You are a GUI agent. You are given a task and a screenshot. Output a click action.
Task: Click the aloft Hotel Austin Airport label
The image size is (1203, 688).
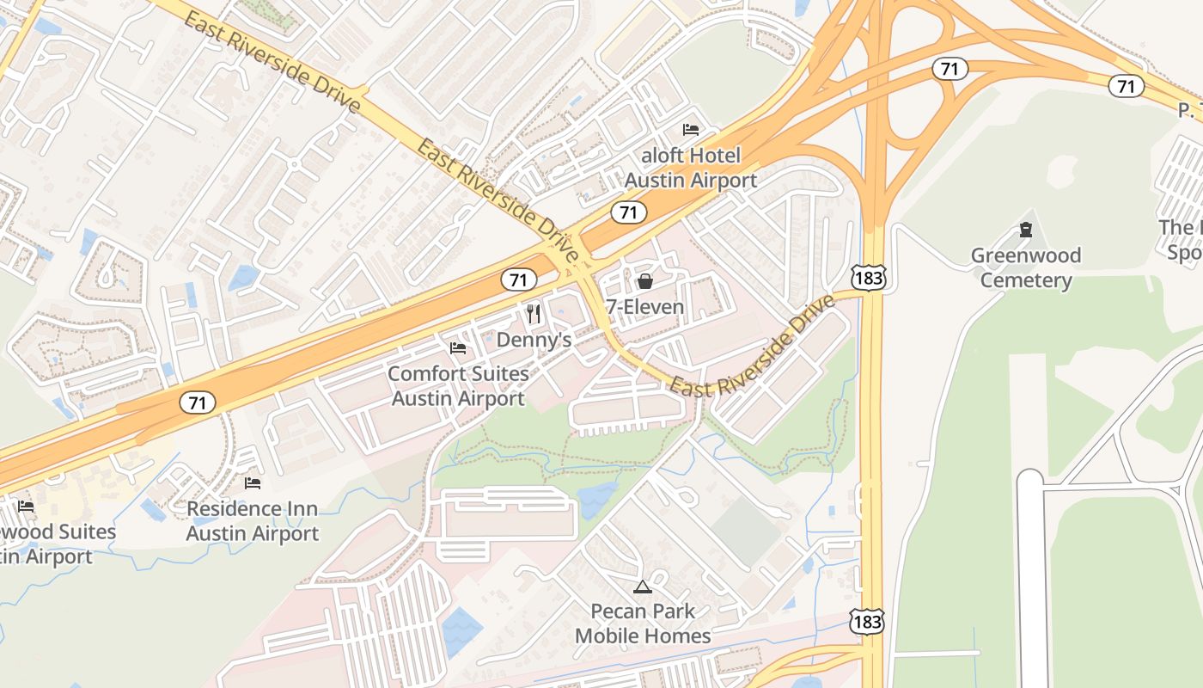(690, 168)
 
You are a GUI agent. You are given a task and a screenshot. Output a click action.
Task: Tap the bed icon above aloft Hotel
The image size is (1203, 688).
(691, 130)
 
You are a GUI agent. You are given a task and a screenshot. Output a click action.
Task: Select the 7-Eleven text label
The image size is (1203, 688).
(644, 307)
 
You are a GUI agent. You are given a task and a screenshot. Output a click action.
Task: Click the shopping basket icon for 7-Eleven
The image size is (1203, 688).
(644, 281)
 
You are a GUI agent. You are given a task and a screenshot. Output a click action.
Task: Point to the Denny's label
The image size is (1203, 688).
(534, 340)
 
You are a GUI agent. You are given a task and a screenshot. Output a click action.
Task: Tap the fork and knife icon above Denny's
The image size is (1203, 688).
(534, 314)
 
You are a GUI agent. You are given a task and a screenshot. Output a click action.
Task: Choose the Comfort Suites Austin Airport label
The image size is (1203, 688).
(458, 386)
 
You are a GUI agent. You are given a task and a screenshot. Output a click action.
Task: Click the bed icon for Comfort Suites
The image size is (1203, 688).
(458, 348)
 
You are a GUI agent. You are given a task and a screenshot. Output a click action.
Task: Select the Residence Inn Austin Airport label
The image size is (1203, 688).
(253, 521)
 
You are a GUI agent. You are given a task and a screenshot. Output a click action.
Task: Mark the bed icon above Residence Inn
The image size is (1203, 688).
(253, 482)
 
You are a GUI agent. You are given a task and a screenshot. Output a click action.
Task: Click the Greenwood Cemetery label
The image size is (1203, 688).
(1026, 267)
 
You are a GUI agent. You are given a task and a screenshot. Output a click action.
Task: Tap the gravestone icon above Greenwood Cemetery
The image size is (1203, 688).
(1025, 230)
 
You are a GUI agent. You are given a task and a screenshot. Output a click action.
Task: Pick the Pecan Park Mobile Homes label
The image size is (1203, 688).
(643, 623)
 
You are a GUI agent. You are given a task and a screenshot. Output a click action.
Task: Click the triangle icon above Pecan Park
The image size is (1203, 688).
(642, 587)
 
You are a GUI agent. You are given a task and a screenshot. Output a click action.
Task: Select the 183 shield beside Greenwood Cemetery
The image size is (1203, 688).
(868, 276)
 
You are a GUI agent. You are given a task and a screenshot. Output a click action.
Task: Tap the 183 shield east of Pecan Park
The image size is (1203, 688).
(867, 621)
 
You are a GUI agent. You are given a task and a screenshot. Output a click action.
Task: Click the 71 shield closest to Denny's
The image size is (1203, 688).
(518, 279)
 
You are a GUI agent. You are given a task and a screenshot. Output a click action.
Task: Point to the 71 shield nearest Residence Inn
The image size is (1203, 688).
(198, 402)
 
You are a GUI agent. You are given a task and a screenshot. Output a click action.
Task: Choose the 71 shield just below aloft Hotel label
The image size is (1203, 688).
(629, 212)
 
